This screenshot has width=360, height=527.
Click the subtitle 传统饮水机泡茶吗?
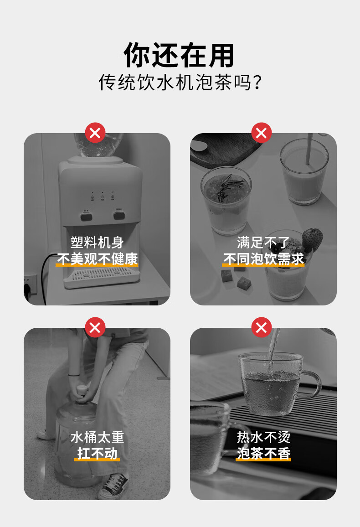(180, 83)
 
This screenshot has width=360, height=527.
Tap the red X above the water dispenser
(95, 133)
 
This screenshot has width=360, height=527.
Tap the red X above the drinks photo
(261, 133)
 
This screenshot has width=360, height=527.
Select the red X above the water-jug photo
(95, 327)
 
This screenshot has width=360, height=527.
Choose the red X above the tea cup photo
(261, 327)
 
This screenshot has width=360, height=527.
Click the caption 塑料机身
(97, 243)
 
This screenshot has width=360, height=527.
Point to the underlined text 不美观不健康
(98, 259)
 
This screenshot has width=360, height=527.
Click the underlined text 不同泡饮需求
(263, 259)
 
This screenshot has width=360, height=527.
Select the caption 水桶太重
(97, 437)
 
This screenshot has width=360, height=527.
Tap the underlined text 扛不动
(97, 454)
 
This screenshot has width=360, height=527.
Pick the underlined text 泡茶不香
(263, 454)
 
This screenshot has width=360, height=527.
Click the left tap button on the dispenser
(86, 216)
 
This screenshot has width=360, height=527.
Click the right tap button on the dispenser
(119, 215)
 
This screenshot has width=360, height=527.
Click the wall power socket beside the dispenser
(30, 284)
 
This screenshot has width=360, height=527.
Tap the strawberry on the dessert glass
(312, 239)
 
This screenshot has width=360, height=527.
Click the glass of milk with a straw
(304, 171)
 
